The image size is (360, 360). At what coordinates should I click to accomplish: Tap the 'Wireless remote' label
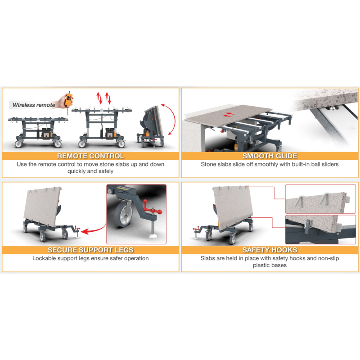pos(34,105)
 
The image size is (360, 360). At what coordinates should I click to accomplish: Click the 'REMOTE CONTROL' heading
pos(90,156)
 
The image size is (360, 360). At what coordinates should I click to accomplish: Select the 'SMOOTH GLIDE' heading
pos(270,156)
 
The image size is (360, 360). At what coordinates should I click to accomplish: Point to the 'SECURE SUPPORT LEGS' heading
pos(90,250)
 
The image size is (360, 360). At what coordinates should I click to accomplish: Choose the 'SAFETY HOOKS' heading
pos(270,250)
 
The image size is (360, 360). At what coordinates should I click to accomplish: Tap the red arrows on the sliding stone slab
pos(229,114)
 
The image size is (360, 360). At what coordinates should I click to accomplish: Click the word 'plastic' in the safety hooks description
pos(261,265)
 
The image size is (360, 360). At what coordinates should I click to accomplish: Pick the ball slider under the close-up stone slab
pos(333,108)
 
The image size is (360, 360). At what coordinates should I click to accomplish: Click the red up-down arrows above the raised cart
pos(104,98)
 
